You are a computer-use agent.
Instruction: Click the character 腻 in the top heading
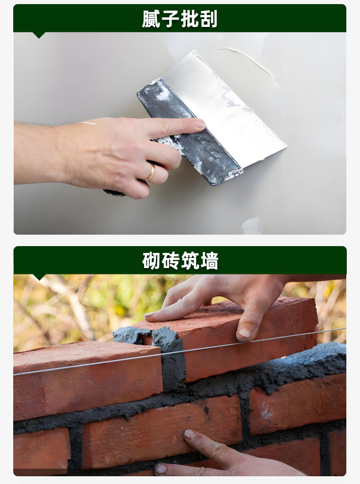[x=151, y=19]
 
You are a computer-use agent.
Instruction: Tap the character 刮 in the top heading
[x=208, y=19]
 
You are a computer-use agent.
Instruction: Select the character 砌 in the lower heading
[x=151, y=261]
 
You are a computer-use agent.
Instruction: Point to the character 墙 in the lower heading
[x=209, y=261]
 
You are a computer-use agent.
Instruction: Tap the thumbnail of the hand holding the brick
[x=245, y=333]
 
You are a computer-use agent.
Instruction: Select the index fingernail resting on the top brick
[x=150, y=314]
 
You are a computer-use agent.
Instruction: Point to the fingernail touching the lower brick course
[x=189, y=434]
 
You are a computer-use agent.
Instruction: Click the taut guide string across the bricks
[x=180, y=352]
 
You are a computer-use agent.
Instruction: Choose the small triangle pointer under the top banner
[x=39, y=35]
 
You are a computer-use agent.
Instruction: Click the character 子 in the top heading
[x=170, y=19]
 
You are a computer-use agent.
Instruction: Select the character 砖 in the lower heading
[x=170, y=261]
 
